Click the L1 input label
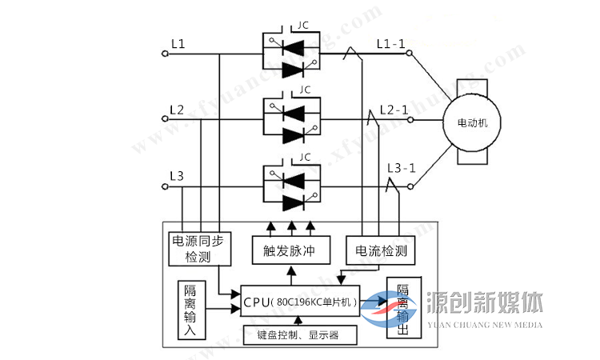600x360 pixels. [x=177, y=44]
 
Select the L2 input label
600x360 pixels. [x=177, y=109]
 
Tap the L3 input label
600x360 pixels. [x=177, y=175]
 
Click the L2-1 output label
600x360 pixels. [x=394, y=109]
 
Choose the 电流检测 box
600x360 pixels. [x=380, y=251]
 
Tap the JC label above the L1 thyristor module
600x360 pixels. [x=303, y=25]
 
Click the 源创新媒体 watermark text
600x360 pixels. [x=486, y=302]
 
